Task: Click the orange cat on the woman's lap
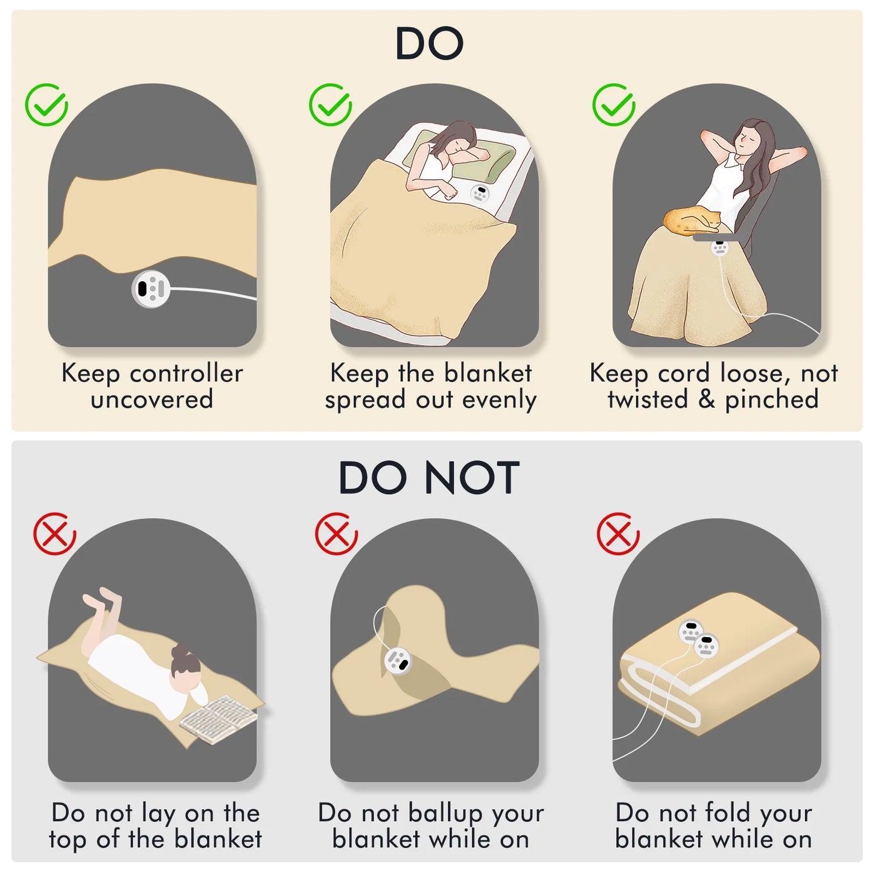pos(692,220)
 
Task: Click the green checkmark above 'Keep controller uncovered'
pos(46,104)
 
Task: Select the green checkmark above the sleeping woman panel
pos(330,104)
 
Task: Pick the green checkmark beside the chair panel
pos(614,104)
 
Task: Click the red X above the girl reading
pos(55,533)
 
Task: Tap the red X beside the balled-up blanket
pos(336,533)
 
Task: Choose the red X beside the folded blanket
pos(618,533)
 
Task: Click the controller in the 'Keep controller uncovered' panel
pos(151,288)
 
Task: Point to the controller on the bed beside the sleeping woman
pos(480,194)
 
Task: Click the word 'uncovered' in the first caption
pos(152,399)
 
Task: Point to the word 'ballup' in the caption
pos(446,813)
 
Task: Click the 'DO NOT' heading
pos(429,478)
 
